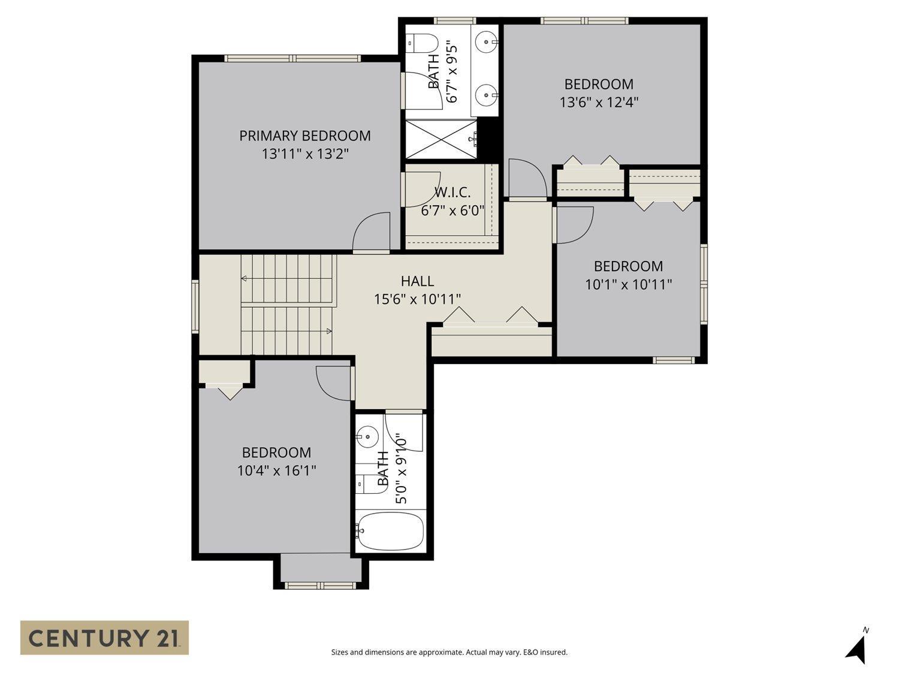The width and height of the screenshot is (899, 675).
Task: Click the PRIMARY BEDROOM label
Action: [304, 136]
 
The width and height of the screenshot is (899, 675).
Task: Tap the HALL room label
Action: [417, 281]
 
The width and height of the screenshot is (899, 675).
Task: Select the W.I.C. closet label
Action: [452, 193]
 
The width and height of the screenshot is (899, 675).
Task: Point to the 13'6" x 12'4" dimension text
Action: [599, 102]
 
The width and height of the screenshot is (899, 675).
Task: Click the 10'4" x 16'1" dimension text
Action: [276, 470]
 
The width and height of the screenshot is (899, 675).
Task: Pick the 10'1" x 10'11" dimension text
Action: [628, 284]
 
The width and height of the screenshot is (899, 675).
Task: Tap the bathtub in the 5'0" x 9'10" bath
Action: [390, 530]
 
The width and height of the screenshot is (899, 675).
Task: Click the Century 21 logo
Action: [104, 637]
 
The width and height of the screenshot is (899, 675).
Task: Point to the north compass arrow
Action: [858, 649]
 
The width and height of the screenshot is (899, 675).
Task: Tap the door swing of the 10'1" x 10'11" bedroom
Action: [574, 224]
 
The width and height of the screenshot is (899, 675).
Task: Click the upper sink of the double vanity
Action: [486, 41]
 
